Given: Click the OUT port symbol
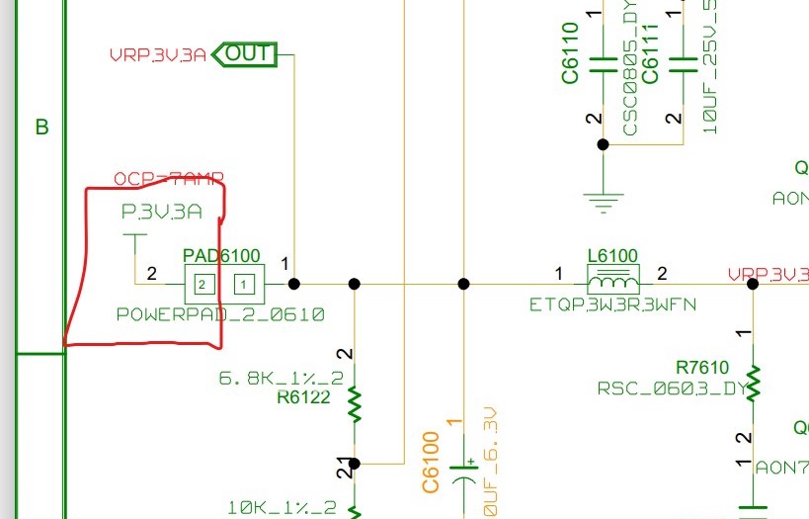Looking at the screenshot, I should [246, 53].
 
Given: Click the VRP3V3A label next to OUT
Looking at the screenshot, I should [158, 55].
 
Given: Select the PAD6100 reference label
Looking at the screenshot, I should [221, 256].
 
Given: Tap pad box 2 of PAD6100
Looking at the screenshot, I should [202, 285].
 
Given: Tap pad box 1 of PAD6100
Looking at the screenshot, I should [241, 285].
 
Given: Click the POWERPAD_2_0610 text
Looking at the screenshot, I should [220, 315].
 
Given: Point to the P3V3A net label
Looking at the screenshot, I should [161, 211].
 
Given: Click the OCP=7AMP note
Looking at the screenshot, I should [168, 179].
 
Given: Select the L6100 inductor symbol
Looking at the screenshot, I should [612, 279].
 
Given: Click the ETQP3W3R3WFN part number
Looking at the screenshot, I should [612, 304].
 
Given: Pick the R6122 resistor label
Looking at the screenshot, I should [303, 398].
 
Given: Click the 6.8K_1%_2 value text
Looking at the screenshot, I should [282, 378].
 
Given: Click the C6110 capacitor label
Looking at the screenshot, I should [571, 53].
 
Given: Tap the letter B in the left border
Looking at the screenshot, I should [41, 127].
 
